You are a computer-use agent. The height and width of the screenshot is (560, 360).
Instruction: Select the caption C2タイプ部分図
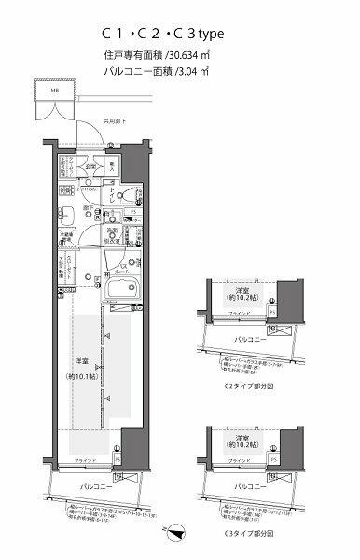244,384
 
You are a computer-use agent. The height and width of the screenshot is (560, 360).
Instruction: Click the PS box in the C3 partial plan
271,473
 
